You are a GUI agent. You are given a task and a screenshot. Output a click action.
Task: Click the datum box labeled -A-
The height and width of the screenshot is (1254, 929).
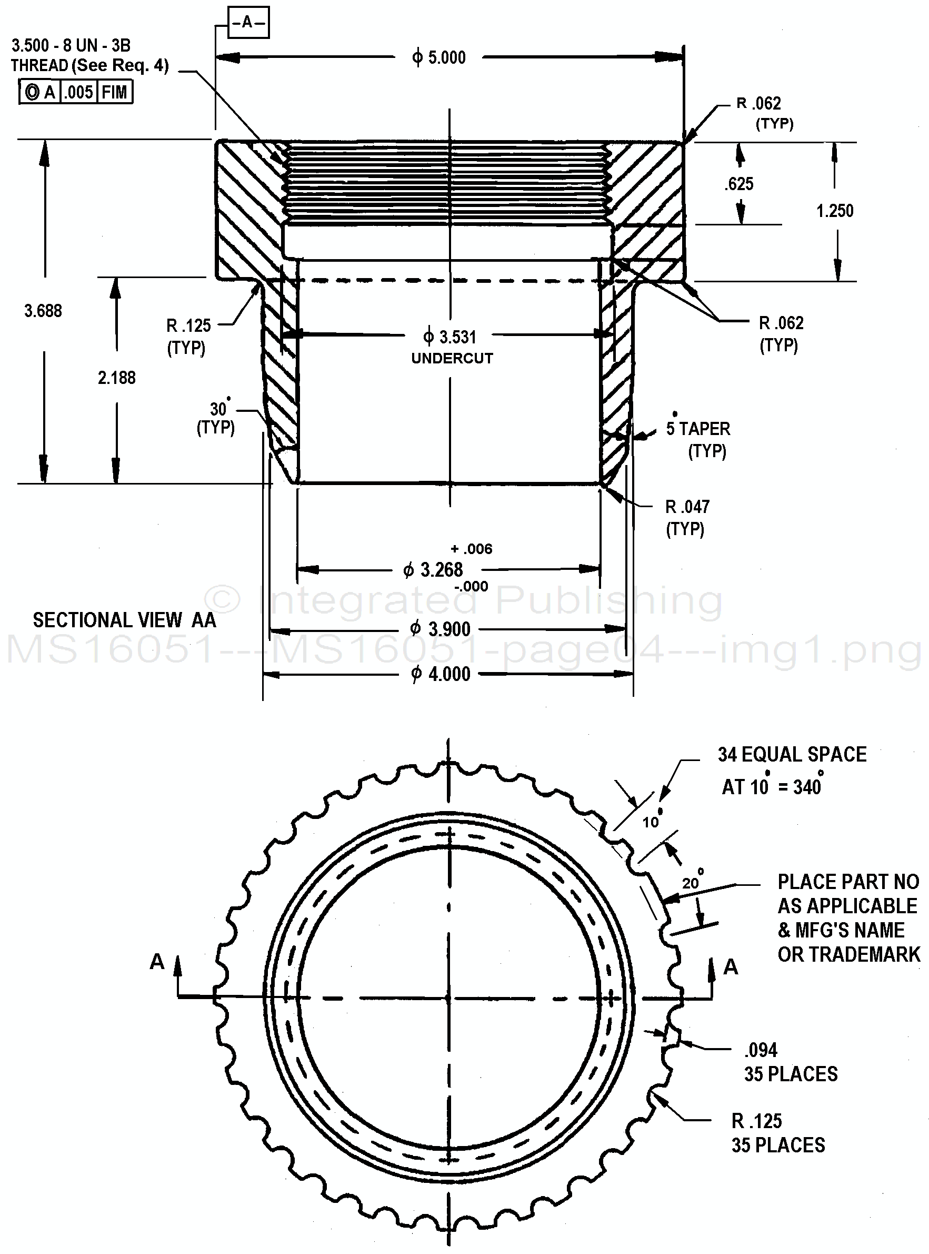[x=248, y=23]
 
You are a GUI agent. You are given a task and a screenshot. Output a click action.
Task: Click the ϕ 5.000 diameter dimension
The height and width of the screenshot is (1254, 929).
[x=439, y=57]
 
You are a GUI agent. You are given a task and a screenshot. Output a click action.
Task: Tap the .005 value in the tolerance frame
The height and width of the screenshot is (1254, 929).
[x=78, y=92]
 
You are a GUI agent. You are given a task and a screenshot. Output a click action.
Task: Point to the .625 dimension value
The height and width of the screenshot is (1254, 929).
[x=739, y=184]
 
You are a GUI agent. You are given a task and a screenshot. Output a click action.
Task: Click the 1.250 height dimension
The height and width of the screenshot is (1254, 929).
[x=835, y=211]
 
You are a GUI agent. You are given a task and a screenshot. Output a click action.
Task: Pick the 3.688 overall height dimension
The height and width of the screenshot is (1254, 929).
[x=43, y=311]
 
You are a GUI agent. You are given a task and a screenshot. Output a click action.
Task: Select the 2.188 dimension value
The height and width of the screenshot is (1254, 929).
[x=117, y=378]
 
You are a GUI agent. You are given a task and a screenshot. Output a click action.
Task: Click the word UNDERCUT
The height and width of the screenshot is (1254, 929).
[x=452, y=358]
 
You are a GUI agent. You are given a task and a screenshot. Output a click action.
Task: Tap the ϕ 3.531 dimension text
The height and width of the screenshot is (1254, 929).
[x=450, y=337]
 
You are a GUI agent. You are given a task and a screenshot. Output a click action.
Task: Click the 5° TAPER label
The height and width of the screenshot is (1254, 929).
[x=698, y=429]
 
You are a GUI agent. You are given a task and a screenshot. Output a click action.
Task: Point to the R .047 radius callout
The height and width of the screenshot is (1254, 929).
[x=687, y=507]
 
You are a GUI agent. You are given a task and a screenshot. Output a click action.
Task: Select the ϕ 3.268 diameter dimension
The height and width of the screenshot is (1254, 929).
[x=434, y=570]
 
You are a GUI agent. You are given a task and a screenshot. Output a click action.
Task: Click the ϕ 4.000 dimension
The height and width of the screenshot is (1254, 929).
[x=441, y=674]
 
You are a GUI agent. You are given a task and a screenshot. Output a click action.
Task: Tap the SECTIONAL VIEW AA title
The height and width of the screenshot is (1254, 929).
[x=124, y=620]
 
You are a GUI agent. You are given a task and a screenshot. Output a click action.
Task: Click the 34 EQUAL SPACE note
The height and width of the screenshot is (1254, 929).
[x=792, y=754]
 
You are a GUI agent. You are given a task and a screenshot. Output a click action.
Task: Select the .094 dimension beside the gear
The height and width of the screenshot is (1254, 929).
[x=761, y=1050]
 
